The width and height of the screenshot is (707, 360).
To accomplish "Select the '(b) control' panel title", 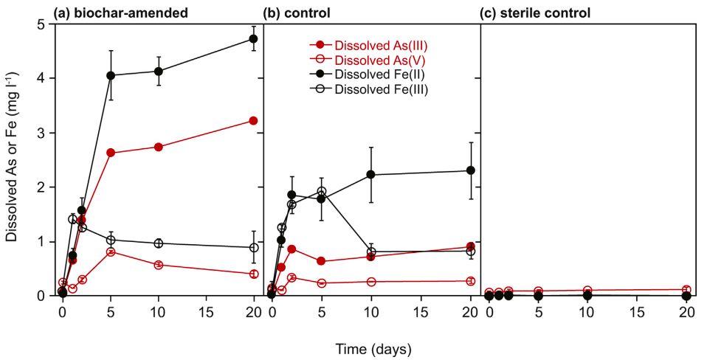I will click(x=297, y=13).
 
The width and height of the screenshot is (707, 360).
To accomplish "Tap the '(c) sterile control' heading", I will click(x=535, y=13).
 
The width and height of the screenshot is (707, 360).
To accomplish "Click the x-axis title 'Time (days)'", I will click(x=373, y=347).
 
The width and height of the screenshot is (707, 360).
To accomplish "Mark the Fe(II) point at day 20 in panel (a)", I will click(x=254, y=38).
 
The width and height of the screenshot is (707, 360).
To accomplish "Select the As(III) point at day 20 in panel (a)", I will click(x=254, y=120).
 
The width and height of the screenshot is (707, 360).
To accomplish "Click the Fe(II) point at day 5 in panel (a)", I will click(x=111, y=75).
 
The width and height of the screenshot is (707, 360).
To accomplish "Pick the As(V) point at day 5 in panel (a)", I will click(x=111, y=252).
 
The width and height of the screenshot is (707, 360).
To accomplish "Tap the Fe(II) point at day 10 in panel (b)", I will click(x=371, y=174).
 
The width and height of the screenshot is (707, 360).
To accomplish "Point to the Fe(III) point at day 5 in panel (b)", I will click(x=321, y=191).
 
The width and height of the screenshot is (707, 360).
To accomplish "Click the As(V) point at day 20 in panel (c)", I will click(x=686, y=290).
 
